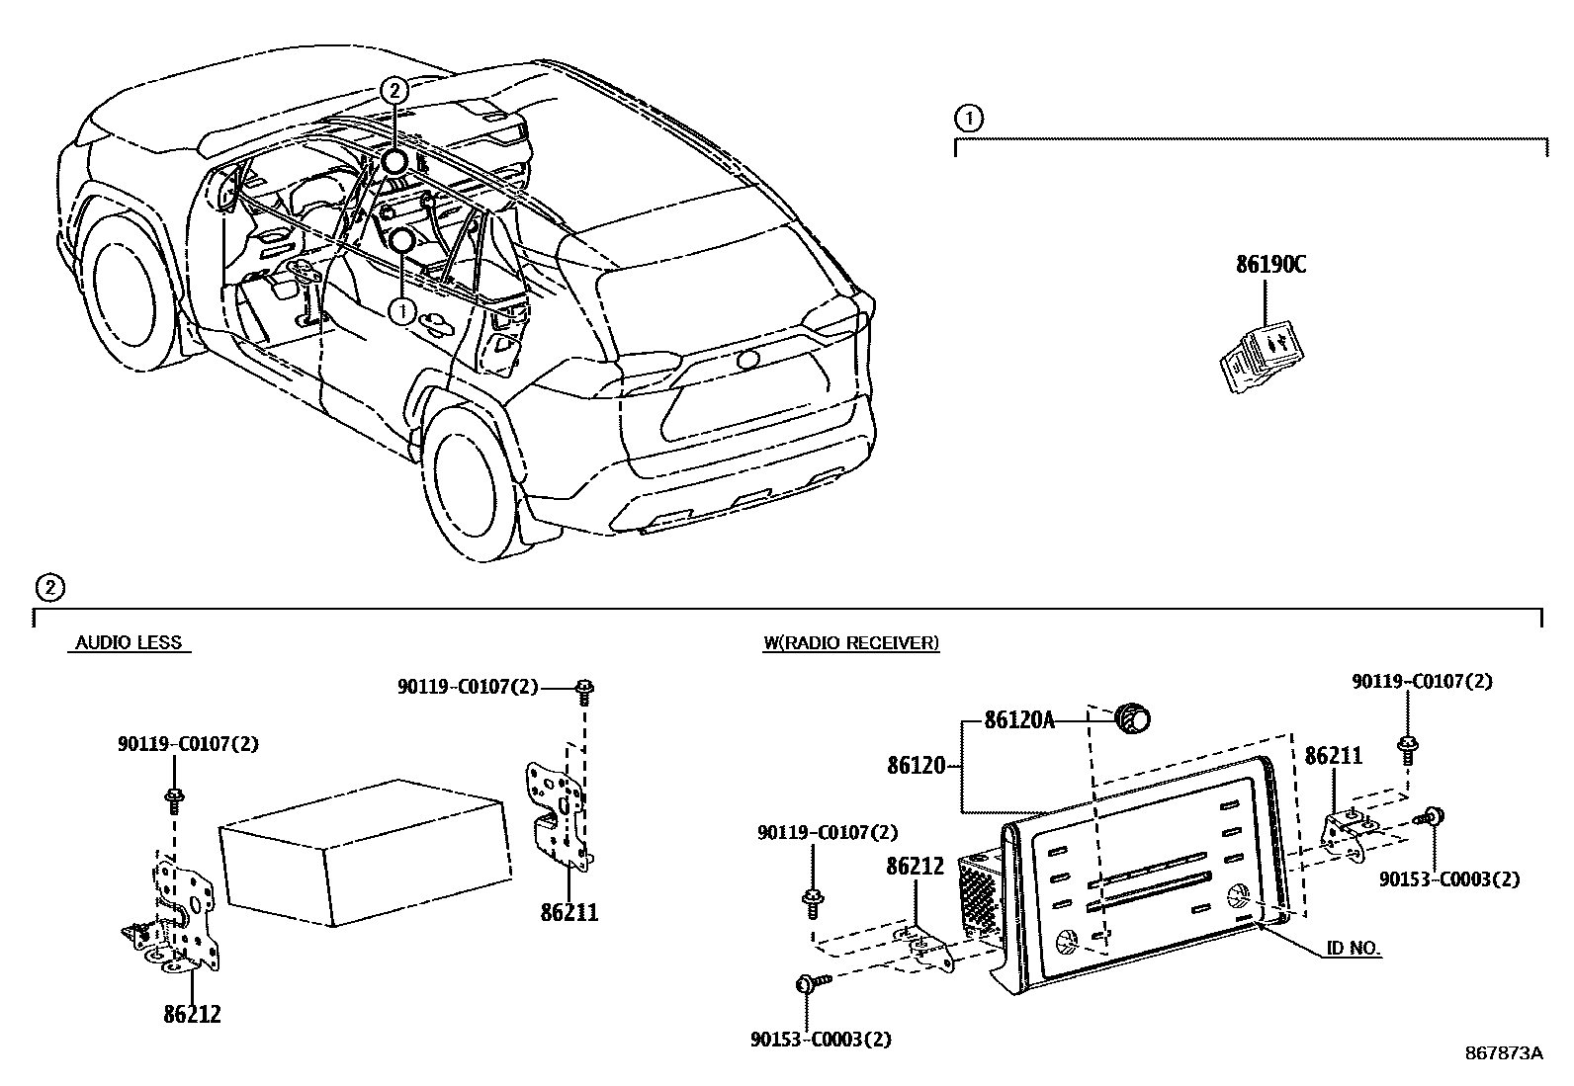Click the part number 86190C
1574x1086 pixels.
point(1270,265)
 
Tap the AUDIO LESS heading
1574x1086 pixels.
point(130,643)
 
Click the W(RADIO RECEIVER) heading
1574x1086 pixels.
point(850,643)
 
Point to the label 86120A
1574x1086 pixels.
point(1019,720)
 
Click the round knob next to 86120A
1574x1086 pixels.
point(1132,718)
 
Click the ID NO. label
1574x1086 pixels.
point(1354,950)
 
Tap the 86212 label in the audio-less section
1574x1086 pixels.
point(193,1014)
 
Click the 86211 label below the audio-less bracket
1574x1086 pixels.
point(569,912)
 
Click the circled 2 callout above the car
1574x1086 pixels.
point(393,90)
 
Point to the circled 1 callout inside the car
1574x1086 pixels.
point(402,311)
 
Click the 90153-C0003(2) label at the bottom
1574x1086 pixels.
point(822,1039)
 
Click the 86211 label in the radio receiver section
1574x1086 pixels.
point(1333,756)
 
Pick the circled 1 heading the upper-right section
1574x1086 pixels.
point(969,119)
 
